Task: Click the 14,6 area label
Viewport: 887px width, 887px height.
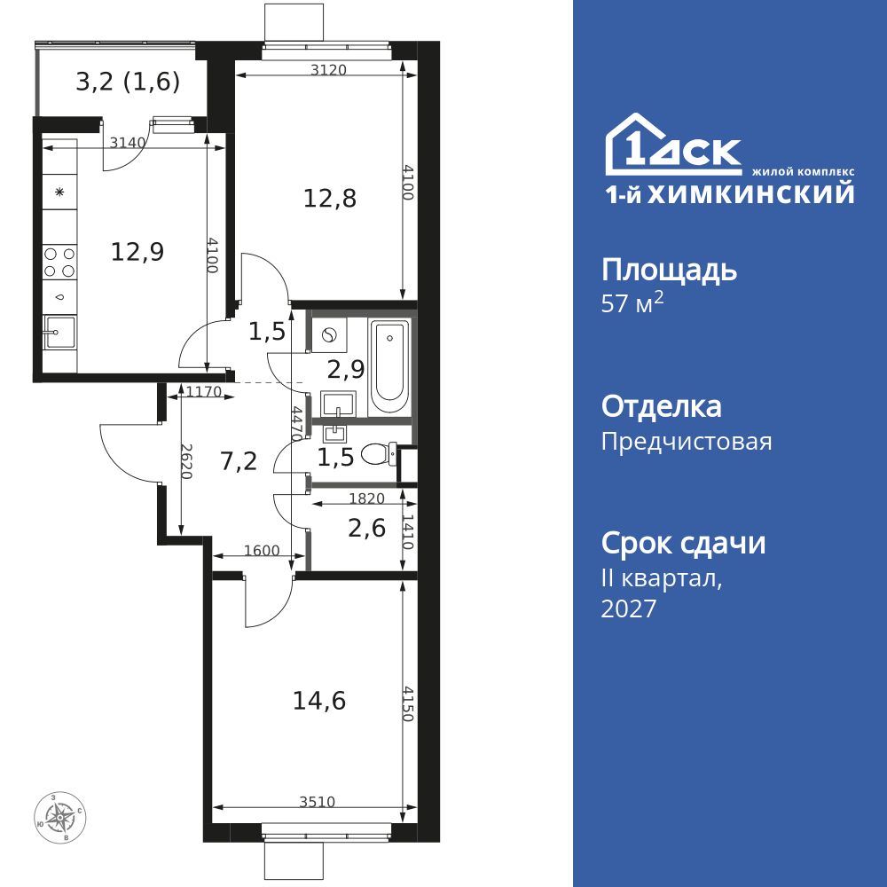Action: coord(319,702)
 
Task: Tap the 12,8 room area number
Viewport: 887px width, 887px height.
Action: coord(330,199)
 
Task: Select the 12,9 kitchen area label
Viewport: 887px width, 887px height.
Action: coord(137,252)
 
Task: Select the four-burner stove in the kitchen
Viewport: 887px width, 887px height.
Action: coord(59,263)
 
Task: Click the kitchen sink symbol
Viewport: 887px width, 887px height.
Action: coord(59,333)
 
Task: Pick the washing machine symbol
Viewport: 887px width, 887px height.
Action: coord(329,336)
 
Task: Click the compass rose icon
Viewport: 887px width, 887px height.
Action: coord(60,818)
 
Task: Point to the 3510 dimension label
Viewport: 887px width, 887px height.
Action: coord(318,802)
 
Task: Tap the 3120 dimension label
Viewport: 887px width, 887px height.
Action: coord(328,70)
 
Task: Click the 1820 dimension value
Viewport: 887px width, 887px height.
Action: coord(366,498)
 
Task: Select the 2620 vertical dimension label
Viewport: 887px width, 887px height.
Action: coord(186,461)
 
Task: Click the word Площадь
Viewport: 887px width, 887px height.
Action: coord(669,271)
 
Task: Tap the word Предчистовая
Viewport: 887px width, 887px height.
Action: coord(687,442)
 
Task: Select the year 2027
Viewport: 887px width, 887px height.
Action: coord(629,608)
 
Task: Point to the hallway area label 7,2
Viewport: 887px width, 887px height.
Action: coord(239,461)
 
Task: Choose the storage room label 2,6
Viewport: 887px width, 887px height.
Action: coord(367,529)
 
